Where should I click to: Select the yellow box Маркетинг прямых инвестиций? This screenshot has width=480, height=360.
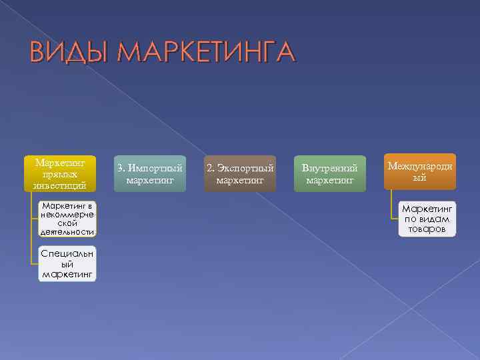tap(61, 173)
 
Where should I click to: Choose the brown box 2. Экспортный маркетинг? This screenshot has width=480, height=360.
tap(240, 173)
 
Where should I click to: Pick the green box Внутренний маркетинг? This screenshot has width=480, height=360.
tap(330, 173)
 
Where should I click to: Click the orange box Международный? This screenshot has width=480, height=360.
tap(419, 169)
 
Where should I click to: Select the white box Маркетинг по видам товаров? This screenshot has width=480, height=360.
tap(427, 219)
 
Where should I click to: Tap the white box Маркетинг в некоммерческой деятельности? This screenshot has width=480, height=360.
tap(67, 218)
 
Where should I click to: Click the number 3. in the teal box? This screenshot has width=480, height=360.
tap(121, 168)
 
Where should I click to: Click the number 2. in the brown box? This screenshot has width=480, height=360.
tap(211, 168)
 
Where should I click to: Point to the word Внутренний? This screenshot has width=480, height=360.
tap(330, 168)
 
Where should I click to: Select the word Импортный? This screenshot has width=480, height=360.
tap(155, 168)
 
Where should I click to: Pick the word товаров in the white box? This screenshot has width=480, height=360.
tap(427, 229)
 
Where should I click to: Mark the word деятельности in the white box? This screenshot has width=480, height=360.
tap(67, 232)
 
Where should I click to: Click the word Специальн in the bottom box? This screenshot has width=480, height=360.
tap(67, 253)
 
